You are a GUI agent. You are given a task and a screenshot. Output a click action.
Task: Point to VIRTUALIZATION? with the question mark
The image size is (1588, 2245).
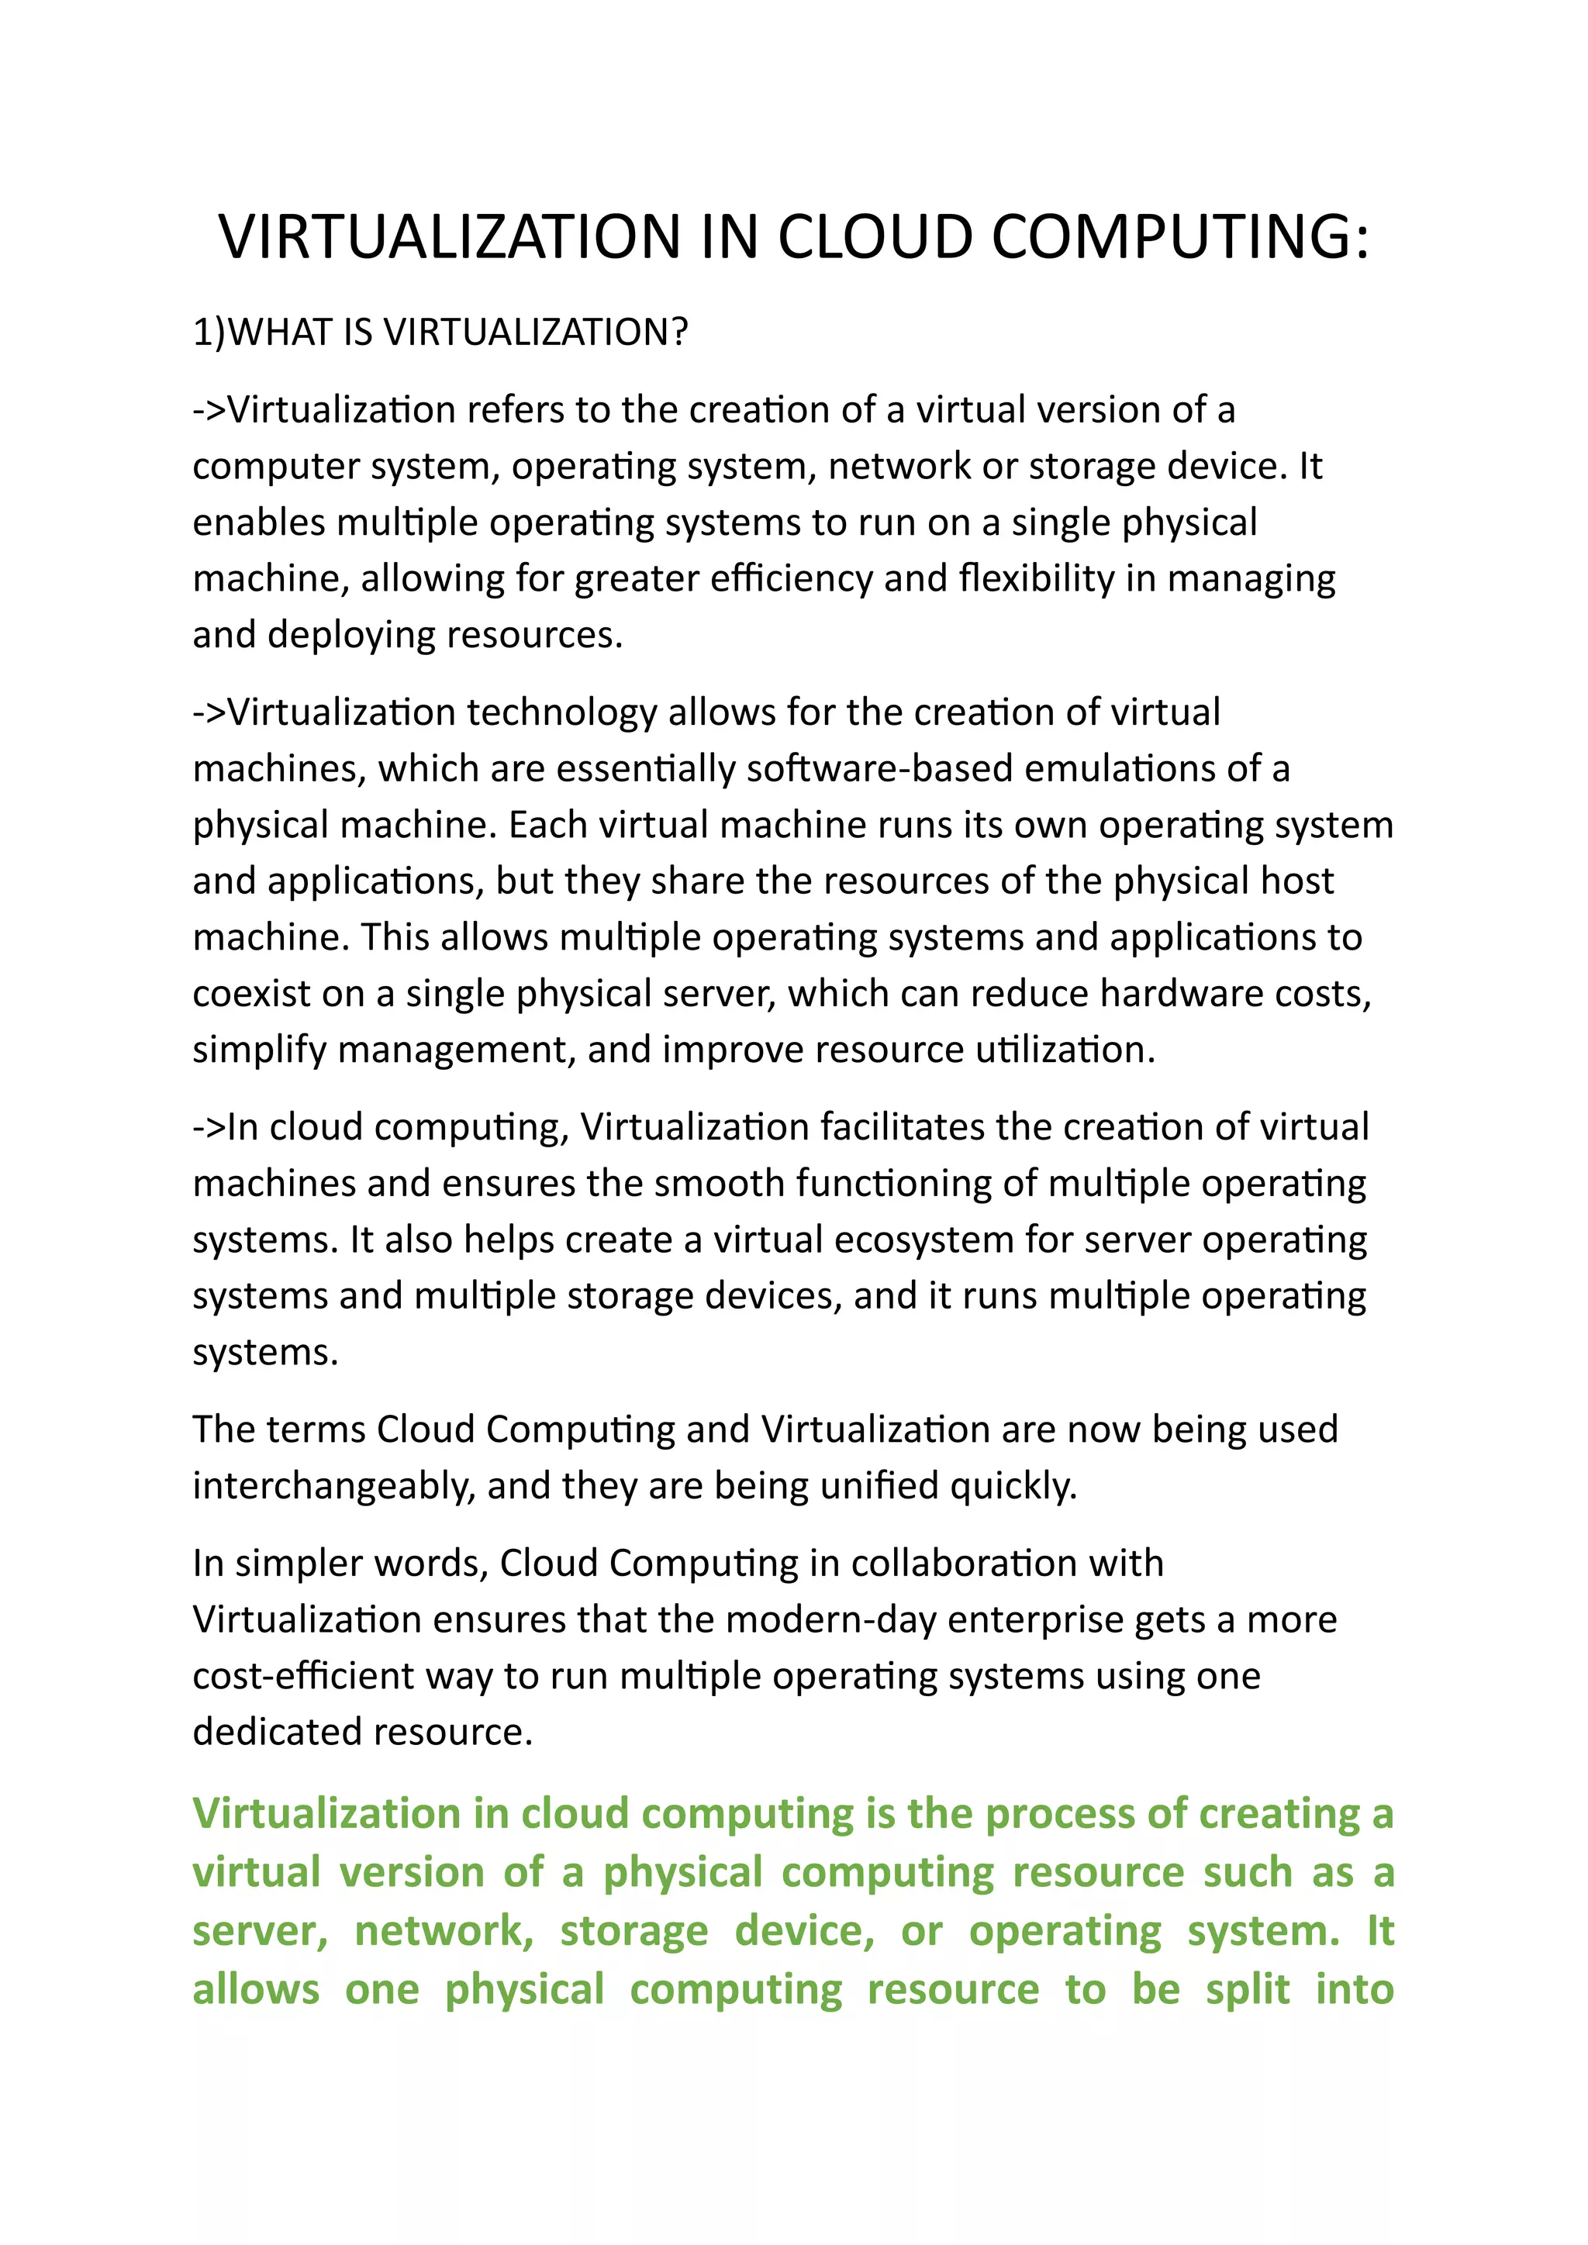pos(536,333)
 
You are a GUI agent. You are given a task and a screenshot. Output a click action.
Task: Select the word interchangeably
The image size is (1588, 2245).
pos(333,1485)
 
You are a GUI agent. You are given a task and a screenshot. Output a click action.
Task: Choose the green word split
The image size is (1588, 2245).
pos(1248,1990)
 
